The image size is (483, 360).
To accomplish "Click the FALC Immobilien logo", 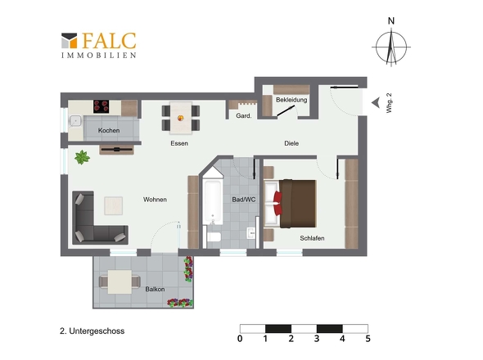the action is (98, 45).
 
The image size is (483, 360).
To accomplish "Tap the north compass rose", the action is (391, 46).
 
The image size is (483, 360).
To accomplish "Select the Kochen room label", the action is (109, 130).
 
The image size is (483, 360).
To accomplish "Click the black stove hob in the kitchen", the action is (101, 106).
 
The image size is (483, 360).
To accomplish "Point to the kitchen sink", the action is (75, 121).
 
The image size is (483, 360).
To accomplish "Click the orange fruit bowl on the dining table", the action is (180, 118).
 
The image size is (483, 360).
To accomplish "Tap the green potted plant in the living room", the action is (82, 157).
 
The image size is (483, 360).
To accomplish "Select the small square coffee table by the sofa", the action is (113, 205).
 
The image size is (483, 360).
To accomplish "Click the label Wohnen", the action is (155, 200).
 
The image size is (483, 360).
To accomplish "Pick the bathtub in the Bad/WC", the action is (213, 202).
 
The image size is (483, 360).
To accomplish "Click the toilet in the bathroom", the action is (213, 236).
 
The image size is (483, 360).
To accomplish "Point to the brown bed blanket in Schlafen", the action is (297, 204).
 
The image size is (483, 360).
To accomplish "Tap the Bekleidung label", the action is (291, 100).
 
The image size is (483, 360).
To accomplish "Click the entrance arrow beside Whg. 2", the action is (376, 103).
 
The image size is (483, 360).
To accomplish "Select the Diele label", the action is (291, 143).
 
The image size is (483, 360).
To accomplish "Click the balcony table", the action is (120, 281).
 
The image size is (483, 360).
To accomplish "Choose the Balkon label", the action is (155, 289).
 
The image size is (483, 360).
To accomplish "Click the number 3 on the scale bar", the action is (317, 339).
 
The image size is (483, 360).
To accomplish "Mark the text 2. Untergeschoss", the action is (93, 331).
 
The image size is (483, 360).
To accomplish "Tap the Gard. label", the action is (244, 116).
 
